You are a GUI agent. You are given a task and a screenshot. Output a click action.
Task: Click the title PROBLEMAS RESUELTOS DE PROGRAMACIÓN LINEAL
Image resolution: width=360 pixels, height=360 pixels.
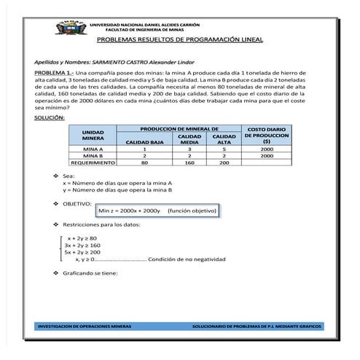click(x=179, y=41)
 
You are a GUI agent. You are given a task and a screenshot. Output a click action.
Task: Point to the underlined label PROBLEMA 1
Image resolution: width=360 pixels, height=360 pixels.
click(x=59, y=74)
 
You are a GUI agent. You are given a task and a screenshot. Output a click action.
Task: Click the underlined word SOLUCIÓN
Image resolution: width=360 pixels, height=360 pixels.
click(x=50, y=117)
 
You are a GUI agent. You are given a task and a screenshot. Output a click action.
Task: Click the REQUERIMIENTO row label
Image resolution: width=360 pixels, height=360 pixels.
click(x=93, y=163)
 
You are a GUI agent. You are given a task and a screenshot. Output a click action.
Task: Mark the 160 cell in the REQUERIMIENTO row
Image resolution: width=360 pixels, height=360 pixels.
click(x=189, y=163)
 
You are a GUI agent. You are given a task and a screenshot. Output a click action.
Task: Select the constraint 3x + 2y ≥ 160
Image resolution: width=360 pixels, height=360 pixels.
click(x=83, y=246)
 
